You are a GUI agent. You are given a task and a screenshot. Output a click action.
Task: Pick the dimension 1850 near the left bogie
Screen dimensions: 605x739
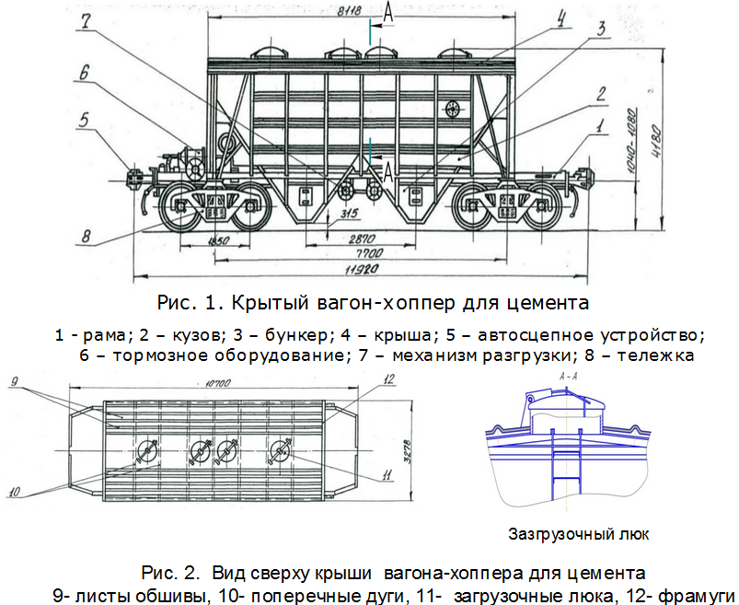pos(217,240)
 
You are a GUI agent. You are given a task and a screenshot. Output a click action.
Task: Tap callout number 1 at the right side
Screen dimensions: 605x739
pos(599,122)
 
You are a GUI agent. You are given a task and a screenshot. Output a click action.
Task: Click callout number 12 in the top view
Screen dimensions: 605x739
pos(389,379)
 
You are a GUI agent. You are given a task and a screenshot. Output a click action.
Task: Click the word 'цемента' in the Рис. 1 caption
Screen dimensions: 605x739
pos(543,302)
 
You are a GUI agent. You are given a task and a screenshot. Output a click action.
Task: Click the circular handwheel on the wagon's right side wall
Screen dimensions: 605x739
pos(455,111)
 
